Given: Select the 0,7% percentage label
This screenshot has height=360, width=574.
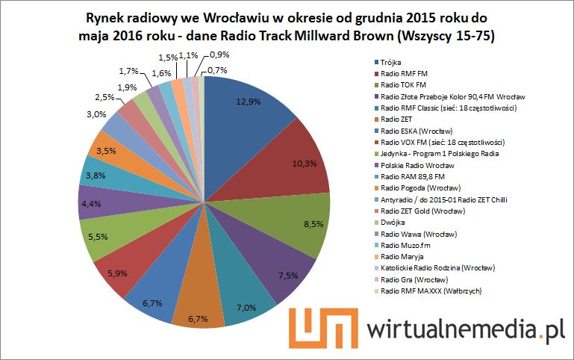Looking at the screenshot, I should (x=219, y=70).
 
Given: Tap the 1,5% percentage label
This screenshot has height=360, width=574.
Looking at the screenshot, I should (x=167, y=58).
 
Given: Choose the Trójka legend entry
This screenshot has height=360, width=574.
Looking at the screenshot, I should (x=390, y=63).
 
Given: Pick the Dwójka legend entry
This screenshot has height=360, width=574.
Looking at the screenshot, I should (x=392, y=222).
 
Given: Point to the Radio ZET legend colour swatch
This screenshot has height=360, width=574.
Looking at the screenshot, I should (x=375, y=120).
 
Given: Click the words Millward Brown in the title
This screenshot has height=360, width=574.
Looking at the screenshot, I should (x=358, y=35).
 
